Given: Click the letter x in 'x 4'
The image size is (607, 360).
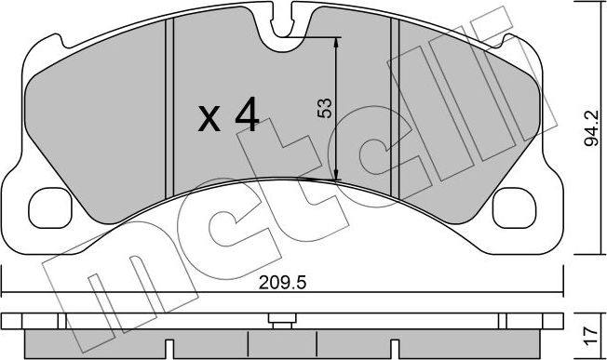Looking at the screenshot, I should [209, 119].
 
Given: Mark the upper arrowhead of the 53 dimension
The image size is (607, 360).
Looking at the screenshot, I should [337, 42].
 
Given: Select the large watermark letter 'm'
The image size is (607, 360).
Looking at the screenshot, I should [121, 279].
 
